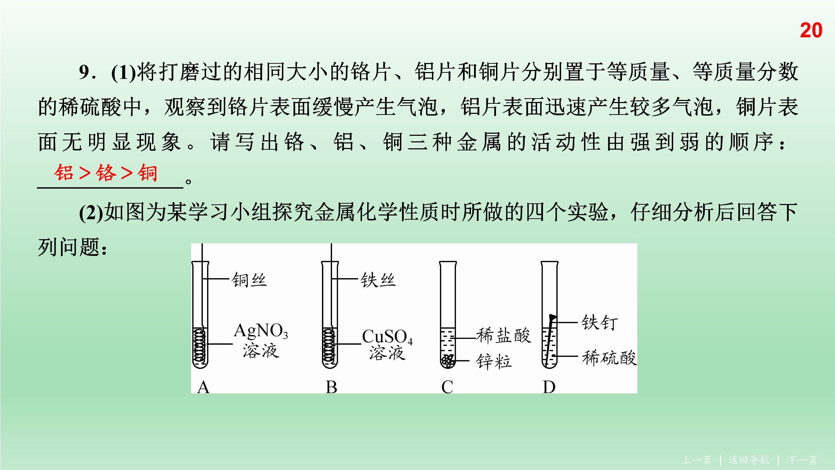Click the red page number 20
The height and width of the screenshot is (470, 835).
tap(811, 30)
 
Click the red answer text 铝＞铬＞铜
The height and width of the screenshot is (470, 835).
tap(106, 173)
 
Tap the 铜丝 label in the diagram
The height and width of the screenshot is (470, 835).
tap(249, 280)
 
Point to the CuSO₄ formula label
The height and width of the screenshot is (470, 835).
tap(387, 337)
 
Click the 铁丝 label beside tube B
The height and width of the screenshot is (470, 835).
tap(378, 280)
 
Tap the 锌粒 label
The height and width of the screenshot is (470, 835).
tap(494, 361)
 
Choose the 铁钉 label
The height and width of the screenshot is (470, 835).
tap(600, 322)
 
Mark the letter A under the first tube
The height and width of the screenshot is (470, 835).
tap(203, 387)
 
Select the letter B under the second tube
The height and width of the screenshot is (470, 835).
tap(331, 387)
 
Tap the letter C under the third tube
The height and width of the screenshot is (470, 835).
tap(447, 387)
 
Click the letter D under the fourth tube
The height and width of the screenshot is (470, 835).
tap(549, 387)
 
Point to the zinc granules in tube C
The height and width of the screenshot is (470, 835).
tap(448, 361)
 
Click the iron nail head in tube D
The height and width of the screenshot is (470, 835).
tap(552, 318)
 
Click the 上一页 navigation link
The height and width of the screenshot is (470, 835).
tap(696, 460)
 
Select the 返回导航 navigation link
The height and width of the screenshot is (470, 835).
tap(749, 460)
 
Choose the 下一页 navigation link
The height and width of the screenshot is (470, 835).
tap(803, 460)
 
